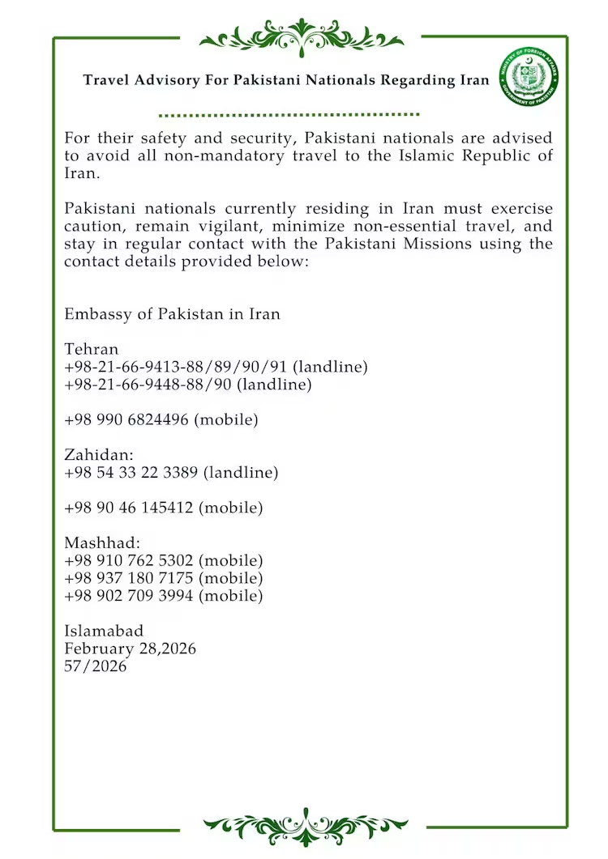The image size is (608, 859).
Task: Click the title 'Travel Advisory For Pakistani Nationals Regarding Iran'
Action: click(x=286, y=80)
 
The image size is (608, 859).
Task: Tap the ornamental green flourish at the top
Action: click(x=302, y=36)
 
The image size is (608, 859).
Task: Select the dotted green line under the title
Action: click(x=289, y=115)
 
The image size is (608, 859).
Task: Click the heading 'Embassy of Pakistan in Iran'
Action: click(x=172, y=314)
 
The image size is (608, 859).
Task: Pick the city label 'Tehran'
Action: click(x=92, y=350)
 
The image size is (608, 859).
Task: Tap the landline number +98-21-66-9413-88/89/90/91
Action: click(x=216, y=368)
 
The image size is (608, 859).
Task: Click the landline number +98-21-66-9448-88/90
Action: click(x=187, y=385)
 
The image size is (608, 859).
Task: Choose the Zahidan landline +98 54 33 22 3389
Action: click(x=171, y=473)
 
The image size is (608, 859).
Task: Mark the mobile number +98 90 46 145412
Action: click(x=163, y=508)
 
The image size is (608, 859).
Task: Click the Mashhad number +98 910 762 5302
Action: click(x=163, y=560)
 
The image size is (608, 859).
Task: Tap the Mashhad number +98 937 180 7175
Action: click(x=163, y=578)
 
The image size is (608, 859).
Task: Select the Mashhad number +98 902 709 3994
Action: click(x=163, y=596)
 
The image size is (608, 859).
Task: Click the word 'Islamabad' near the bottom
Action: click(x=104, y=631)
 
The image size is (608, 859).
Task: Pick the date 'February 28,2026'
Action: click(x=130, y=649)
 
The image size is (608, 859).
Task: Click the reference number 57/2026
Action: click(x=96, y=667)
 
